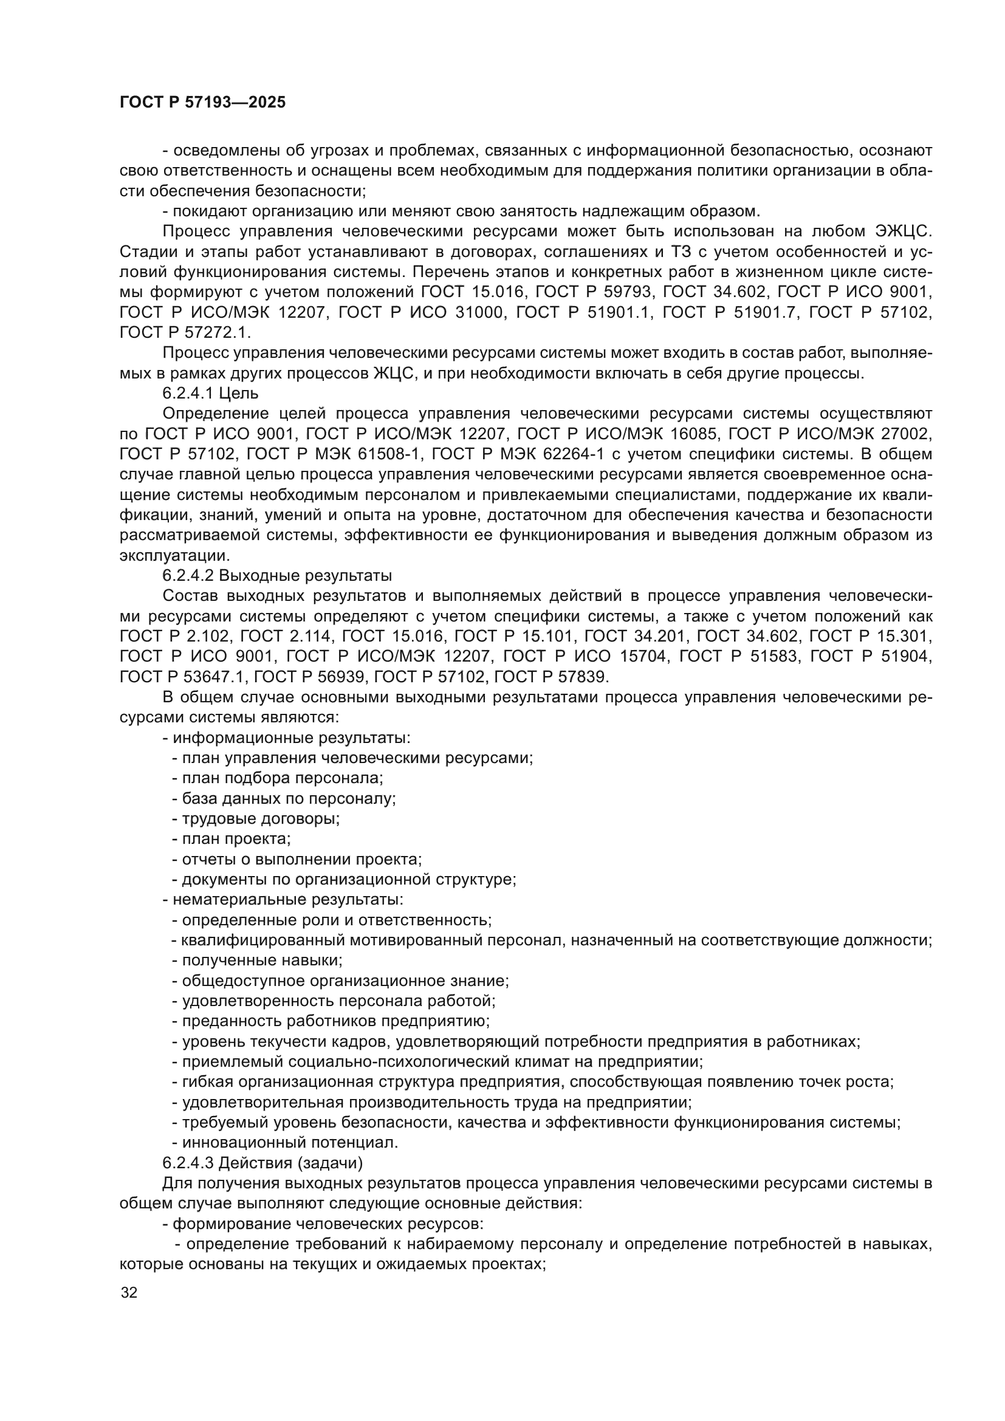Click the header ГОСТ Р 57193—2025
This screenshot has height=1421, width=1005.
coord(202,103)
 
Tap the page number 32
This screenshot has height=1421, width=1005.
coord(129,1293)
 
